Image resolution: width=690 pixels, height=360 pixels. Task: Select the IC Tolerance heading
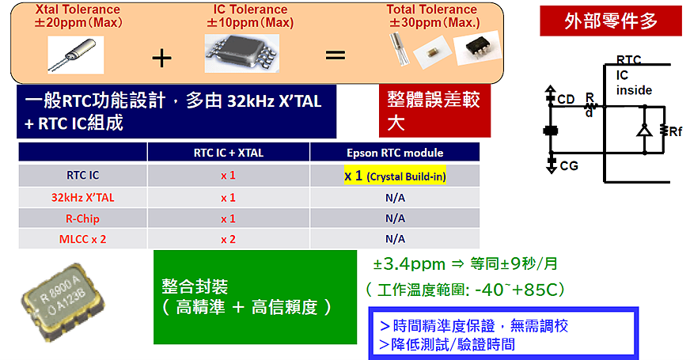[250, 16]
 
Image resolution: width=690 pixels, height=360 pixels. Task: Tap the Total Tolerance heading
[432, 16]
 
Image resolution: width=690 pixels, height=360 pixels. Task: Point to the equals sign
[336, 56]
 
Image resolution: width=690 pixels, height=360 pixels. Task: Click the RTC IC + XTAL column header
[228, 153]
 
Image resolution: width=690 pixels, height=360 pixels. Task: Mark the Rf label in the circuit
[674, 132]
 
